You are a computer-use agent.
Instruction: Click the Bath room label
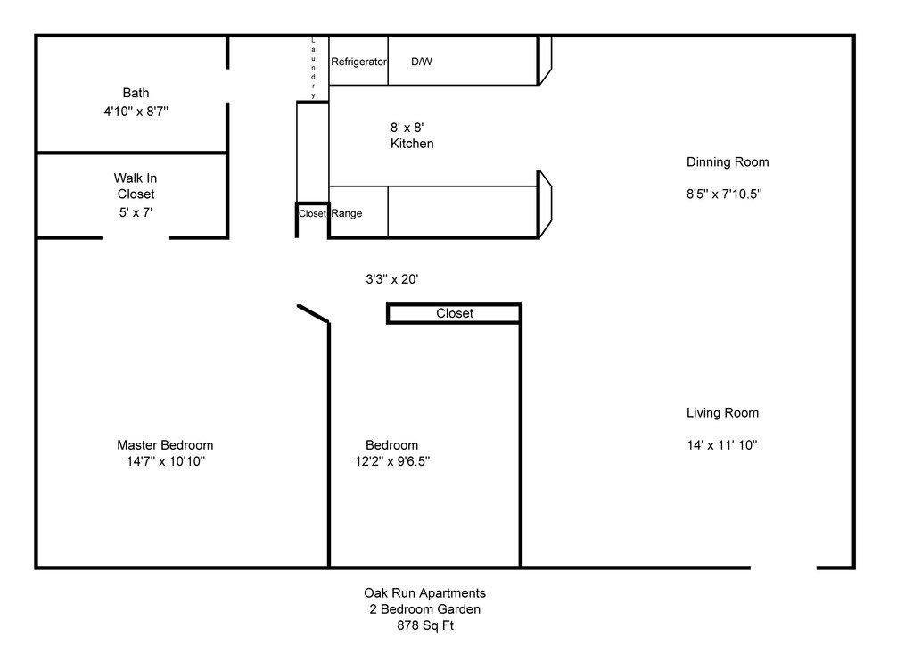[136, 94]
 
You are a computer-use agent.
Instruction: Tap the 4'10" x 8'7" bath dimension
[136, 112]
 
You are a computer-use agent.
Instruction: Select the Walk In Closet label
[136, 186]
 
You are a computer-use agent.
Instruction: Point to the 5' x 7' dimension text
[136, 212]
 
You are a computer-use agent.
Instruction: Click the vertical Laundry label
[313, 68]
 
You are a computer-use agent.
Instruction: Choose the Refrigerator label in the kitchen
[358, 62]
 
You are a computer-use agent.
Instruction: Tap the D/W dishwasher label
[422, 62]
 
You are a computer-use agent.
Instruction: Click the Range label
[347, 213]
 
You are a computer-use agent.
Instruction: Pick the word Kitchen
[412, 144]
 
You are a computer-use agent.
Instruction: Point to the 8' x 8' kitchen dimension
[407, 128]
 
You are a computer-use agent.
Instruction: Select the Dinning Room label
[728, 162]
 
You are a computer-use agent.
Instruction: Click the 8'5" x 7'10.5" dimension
[724, 194]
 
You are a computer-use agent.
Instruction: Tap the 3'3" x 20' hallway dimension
[392, 279]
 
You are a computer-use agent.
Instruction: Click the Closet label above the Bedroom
[455, 313]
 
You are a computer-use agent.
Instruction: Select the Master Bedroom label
[165, 445]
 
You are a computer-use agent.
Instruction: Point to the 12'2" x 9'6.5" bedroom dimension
[392, 461]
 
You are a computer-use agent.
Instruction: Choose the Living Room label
[722, 413]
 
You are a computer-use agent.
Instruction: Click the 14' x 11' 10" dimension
[722, 445]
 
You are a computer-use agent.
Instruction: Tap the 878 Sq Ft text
[425, 626]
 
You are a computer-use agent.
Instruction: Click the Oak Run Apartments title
[425, 593]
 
